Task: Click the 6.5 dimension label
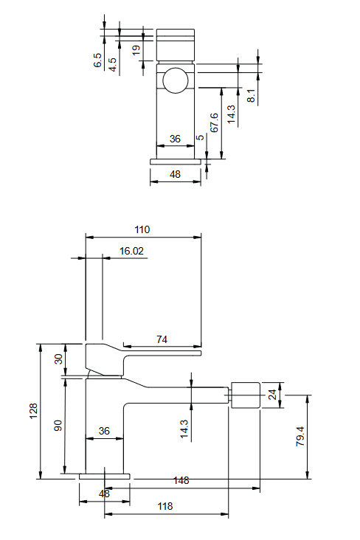coord(98,60)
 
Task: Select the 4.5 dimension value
coord(113,65)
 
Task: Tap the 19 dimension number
coord(136,49)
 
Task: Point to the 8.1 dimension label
coord(252,95)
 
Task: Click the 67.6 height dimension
coord(214,122)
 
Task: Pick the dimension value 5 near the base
coord(200,138)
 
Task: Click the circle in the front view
coord(176,80)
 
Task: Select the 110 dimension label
coord(142,229)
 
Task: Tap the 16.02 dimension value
coord(131,251)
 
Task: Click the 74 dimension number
coord(162,339)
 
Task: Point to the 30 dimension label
coord(59,359)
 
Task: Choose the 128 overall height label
coord(33,411)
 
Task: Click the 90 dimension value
coord(58,426)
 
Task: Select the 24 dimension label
coord(272,395)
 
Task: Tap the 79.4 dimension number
coord(300,436)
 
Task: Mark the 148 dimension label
coord(181,480)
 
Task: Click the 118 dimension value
coord(165,506)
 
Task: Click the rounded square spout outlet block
coord(245,395)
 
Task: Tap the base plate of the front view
coord(176,162)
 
